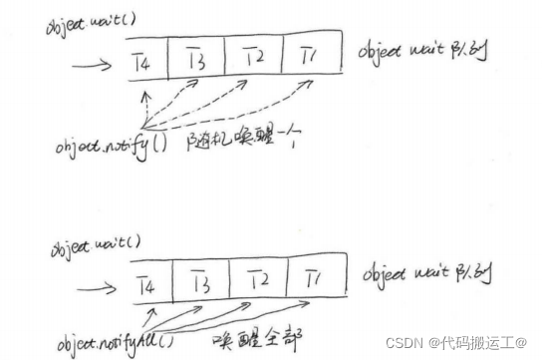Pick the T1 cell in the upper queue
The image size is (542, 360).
click(312, 55)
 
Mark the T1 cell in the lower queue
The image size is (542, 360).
click(314, 274)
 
